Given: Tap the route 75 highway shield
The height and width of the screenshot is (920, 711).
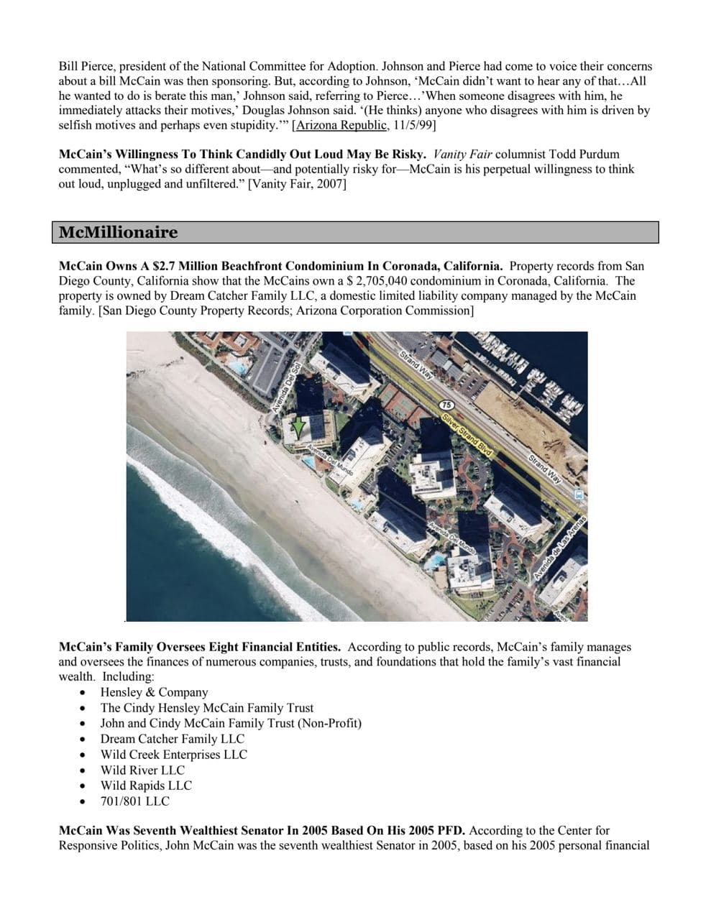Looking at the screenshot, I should [446, 406].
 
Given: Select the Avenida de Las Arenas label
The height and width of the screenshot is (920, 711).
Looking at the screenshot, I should [560, 549].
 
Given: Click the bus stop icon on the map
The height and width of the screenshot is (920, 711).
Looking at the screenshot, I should [578, 495].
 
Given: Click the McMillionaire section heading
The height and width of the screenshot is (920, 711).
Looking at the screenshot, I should [119, 232].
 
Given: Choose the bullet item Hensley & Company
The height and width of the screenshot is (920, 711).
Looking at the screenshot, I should [154, 692].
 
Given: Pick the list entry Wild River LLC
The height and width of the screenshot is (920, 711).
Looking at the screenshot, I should [142, 770].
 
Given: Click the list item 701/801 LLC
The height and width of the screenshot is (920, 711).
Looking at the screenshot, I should [135, 801].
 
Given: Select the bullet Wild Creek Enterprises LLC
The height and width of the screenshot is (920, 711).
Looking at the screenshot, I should [173, 754].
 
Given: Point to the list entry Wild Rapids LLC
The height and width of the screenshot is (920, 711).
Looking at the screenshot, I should [146, 785].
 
